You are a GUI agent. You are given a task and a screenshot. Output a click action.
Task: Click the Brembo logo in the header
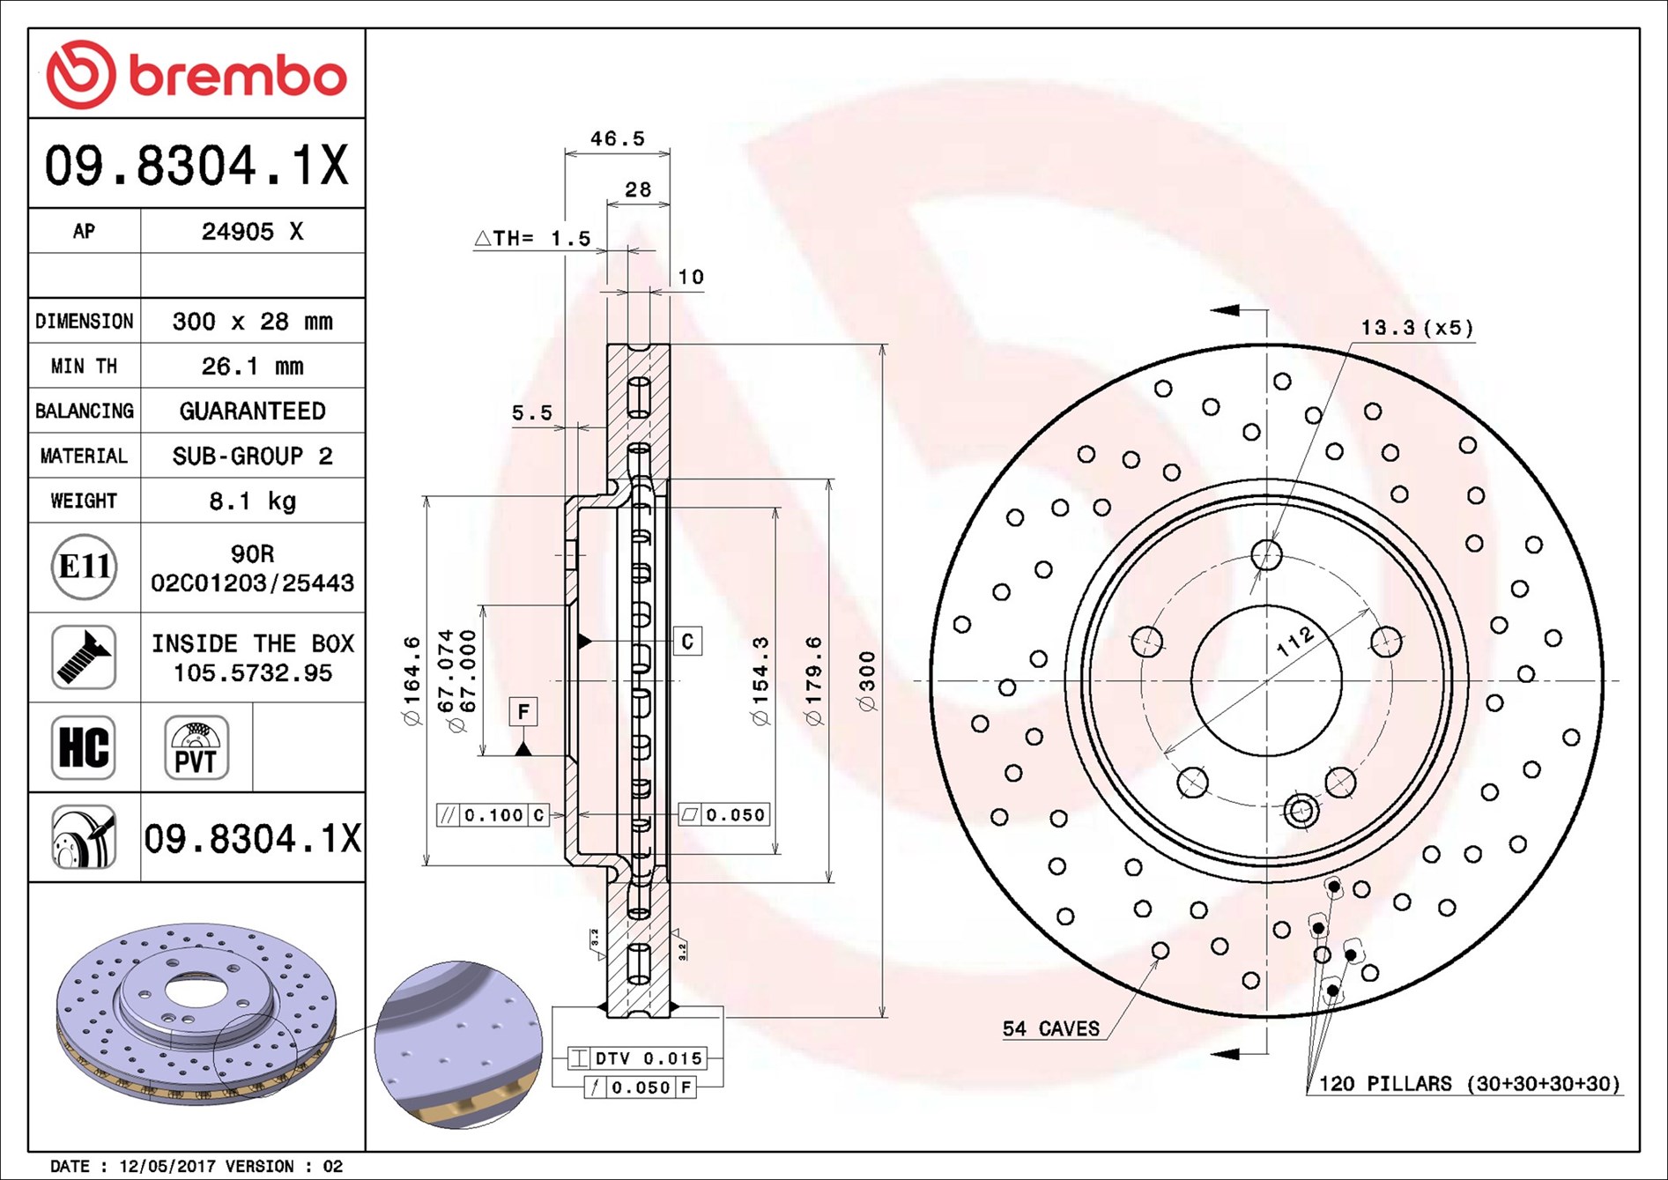click(x=196, y=75)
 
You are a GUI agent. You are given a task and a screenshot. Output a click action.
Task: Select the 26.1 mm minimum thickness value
click(x=252, y=366)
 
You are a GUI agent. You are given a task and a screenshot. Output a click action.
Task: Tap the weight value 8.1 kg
click(x=252, y=501)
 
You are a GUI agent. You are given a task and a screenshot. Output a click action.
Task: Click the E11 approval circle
click(x=84, y=567)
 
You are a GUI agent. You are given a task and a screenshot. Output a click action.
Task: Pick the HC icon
click(x=84, y=747)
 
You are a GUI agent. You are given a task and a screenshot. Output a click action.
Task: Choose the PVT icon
click(x=196, y=747)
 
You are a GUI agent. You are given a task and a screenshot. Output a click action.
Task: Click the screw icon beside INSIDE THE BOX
click(x=84, y=657)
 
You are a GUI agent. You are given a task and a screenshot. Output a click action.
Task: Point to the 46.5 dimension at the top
click(x=617, y=138)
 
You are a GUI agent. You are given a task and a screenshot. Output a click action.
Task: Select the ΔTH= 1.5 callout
click(x=532, y=238)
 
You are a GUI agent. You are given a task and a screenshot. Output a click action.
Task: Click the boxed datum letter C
click(x=687, y=641)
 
